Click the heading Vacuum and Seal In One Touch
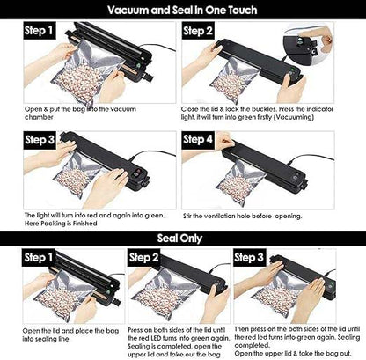[x=183, y=11]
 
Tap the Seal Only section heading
[x=183, y=237]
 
